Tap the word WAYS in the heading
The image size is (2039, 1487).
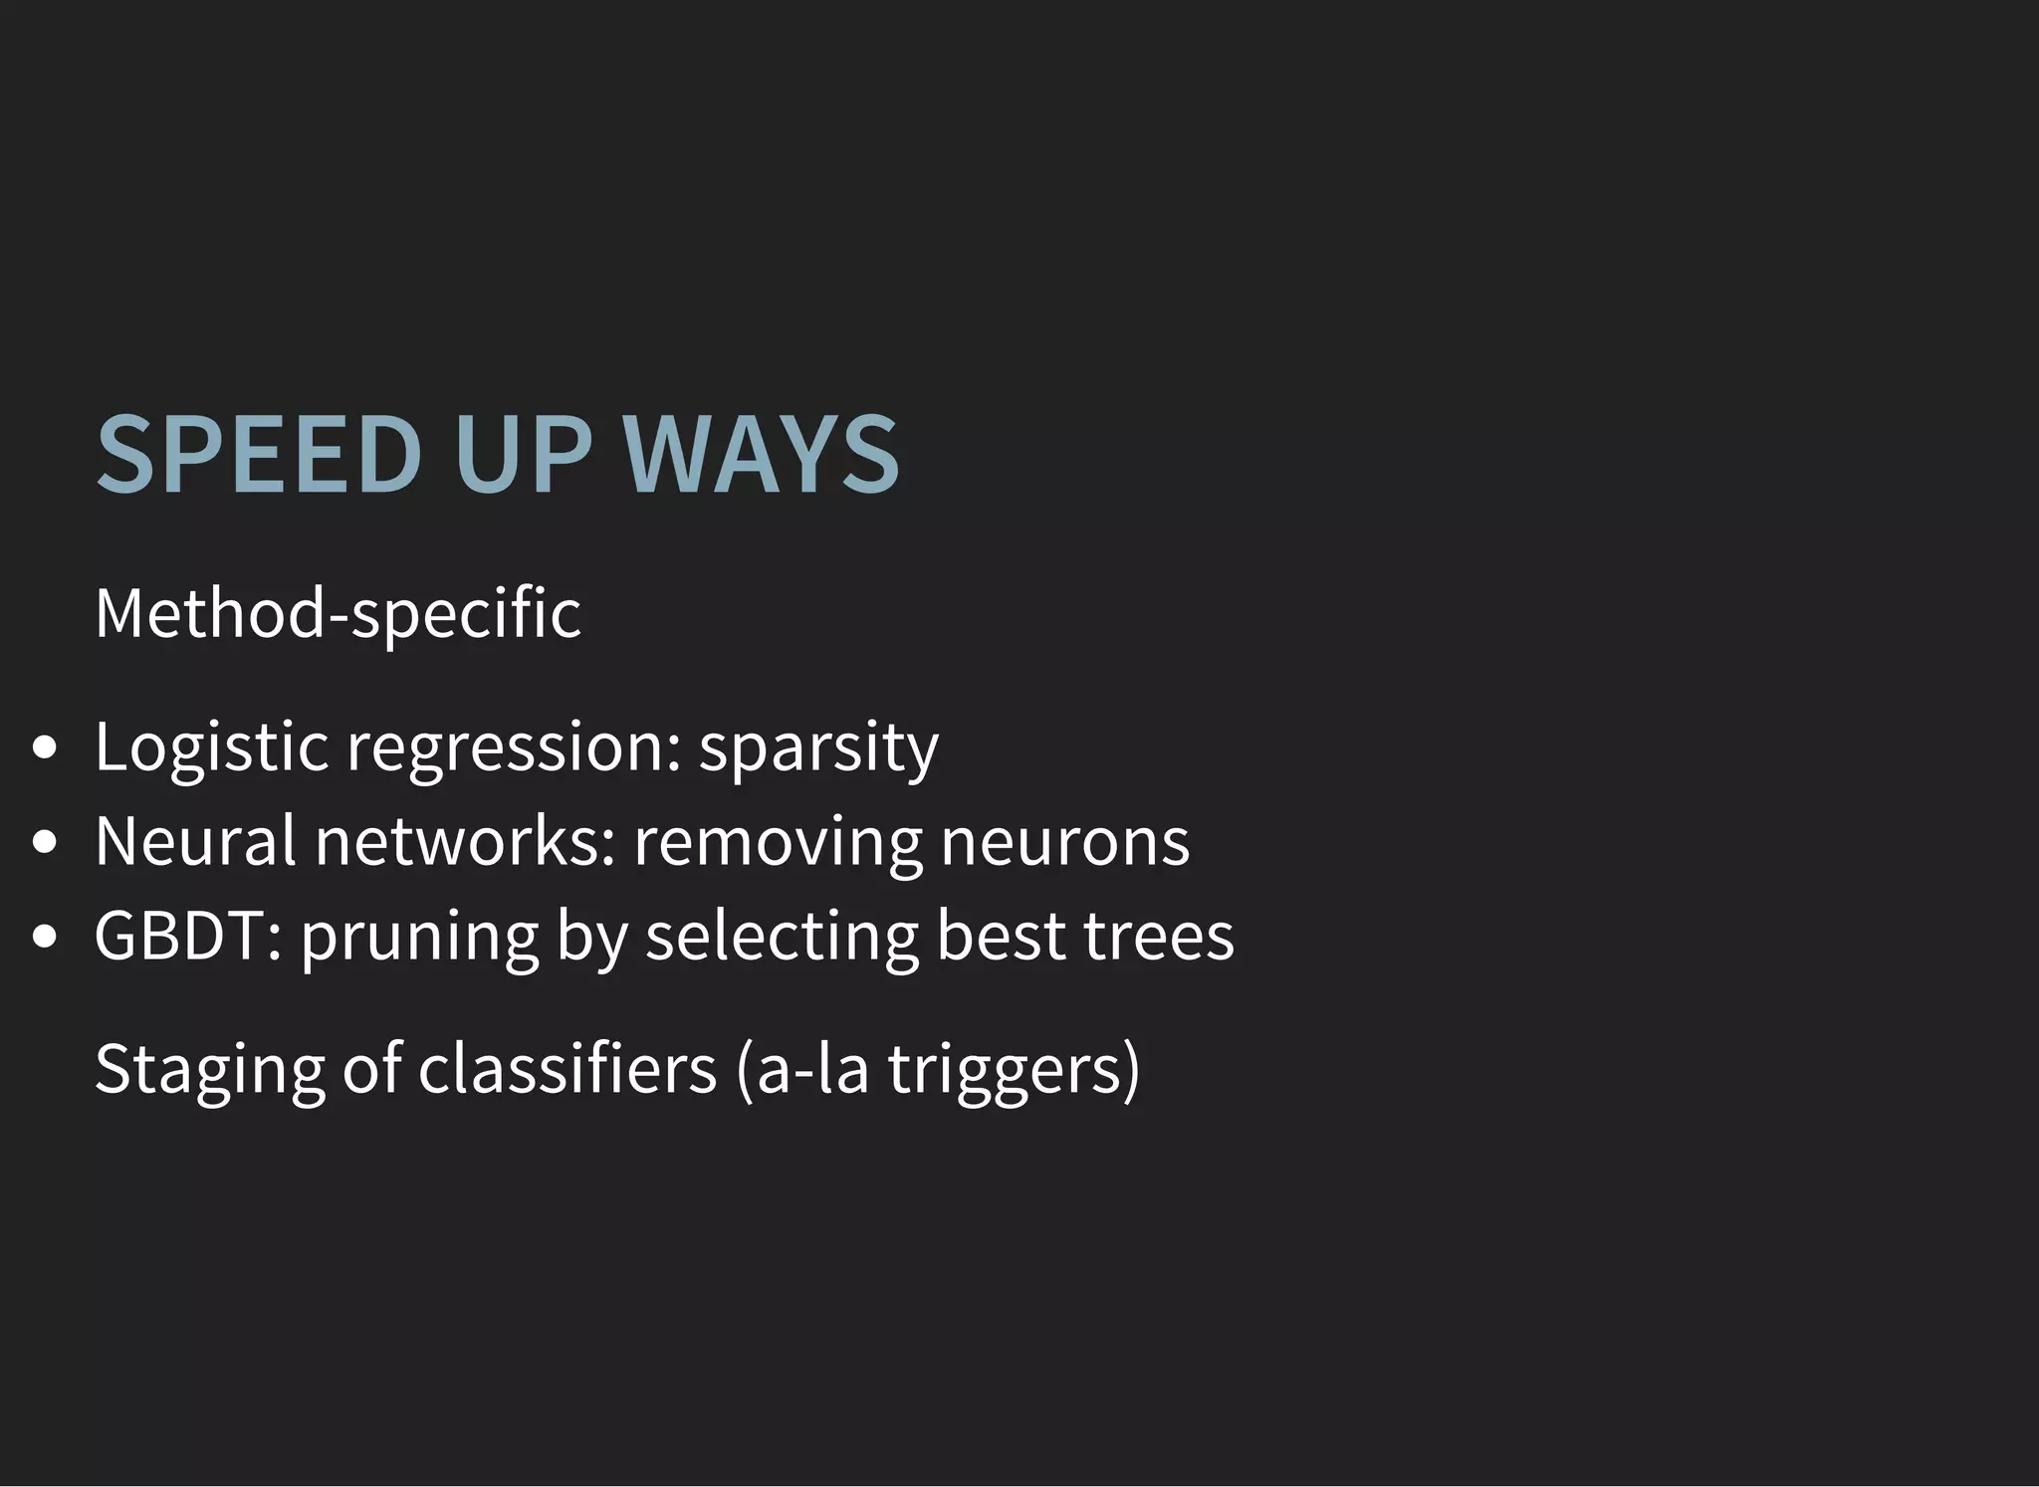coord(762,455)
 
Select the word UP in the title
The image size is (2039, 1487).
coord(523,455)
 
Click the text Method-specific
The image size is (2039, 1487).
coord(338,613)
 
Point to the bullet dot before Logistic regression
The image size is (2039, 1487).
coord(44,748)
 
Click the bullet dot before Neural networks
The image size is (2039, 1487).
coord(44,843)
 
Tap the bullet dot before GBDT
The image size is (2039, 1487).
coord(44,937)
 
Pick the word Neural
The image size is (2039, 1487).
coord(195,842)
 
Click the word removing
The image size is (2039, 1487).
coord(777,842)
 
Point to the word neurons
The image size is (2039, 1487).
coord(1064,842)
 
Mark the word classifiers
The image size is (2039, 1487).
coord(566,1069)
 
